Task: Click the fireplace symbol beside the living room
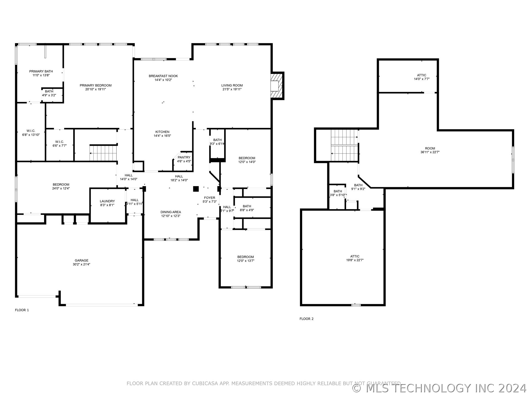pos(277,86)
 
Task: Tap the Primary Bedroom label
pos(96,87)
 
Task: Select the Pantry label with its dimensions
pos(184,159)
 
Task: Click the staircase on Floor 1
pos(103,153)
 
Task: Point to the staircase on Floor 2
pos(344,145)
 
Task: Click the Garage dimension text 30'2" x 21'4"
pos(82,264)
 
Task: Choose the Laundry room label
pos(107,203)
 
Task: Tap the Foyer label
pos(209,200)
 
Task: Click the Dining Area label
pos(171,214)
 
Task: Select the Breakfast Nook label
pos(163,78)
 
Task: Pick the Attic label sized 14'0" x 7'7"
pos(422,77)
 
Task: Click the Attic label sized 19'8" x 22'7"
pos(355,258)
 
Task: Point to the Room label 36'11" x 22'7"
pos(430,150)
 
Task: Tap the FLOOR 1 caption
pos(22,310)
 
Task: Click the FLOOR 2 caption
pos(306,319)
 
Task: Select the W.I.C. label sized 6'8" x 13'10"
pos(31,133)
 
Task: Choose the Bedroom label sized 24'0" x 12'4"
pos(61,186)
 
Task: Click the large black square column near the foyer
pos(196,189)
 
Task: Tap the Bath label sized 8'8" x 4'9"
pos(247,208)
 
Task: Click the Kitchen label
pos(162,134)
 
